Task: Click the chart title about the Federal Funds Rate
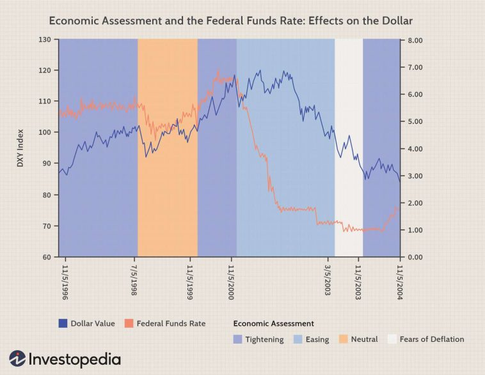point(231,21)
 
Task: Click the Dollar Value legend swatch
point(63,323)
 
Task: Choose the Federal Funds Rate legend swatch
point(129,323)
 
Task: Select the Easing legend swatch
point(298,339)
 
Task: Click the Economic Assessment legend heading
point(273,323)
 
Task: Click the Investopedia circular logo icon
point(17,358)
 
